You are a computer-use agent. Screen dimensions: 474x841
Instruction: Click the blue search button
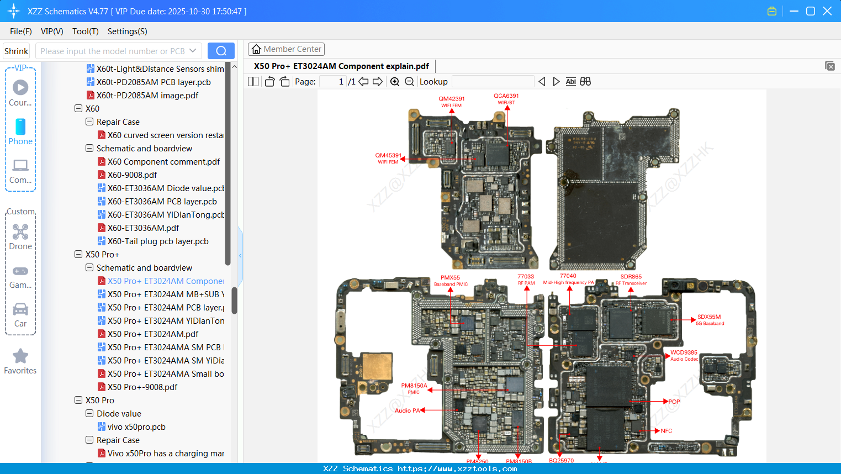[x=221, y=51]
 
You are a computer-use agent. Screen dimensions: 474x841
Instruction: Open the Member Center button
[x=286, y=49]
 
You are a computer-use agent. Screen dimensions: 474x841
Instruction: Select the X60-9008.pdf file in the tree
[x=132, y=175]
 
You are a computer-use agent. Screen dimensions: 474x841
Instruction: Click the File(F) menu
[x=20, y=31]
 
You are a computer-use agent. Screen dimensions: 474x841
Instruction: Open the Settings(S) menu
[x=127, y=31]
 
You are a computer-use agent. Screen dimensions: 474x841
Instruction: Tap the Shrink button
[x=16, y=51]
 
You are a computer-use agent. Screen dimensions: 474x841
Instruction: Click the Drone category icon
[x=20, y=233]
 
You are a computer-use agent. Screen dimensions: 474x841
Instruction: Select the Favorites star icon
[x=20, y=356]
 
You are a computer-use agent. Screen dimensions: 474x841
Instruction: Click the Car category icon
[x=20, y=309]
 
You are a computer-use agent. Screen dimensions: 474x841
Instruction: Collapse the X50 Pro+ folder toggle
[x=78, y=255]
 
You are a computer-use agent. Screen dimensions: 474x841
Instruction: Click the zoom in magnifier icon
[x=395, y=82]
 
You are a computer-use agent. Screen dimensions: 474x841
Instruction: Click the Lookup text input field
[x=493, y=82]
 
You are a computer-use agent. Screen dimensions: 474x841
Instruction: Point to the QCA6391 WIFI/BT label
[x=506, y=98]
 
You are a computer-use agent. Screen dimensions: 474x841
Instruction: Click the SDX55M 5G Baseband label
[x=709, y=320]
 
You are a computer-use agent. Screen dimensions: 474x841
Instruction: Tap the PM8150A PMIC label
[x=414, y=388]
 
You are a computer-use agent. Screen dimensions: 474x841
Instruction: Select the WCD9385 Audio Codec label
[x=684, y=355]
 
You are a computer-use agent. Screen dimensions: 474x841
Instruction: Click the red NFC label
[x=666, y=431]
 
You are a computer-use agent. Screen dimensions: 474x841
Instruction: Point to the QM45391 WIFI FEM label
[x=388, y=158]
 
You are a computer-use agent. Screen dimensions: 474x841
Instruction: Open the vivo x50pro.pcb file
[x=136, y=427]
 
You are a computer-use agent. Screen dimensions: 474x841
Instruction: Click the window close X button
[x=827, y=11]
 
